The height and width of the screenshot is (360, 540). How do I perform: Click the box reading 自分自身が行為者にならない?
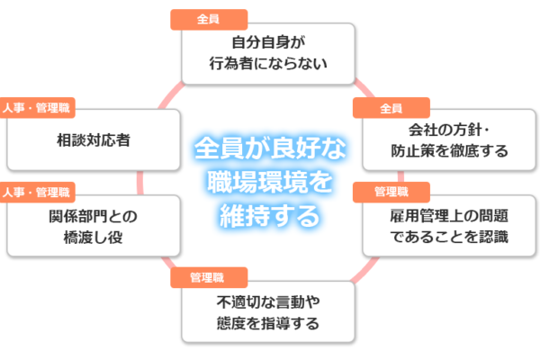pyautogui.click(x=268, y=53)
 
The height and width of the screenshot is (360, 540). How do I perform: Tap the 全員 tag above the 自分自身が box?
pyautogui.click(x=209, y=20)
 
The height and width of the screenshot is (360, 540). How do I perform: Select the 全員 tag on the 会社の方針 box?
pyautogui.click(x=391, y=108)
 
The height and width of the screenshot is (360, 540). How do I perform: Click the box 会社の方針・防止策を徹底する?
pyautogui.click(x=449, y=139)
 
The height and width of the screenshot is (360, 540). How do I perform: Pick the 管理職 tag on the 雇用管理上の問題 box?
pyautogui.click(x=391, y=193)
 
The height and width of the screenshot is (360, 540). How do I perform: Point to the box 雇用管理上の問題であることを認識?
pyautogui.click(x=449, y=226)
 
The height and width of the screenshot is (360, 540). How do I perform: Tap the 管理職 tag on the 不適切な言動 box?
pyautogui.click(x=209, y=277)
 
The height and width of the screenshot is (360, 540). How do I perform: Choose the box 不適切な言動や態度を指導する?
pyautogui.click(x=268, y=311)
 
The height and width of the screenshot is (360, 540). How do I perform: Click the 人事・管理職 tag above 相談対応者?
pyautogui.click(x=37, y=108)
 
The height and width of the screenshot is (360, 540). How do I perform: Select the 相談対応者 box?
pyautogui.click(x=94, y=139)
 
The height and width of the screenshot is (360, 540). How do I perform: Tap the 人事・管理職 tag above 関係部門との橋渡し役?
pyautogui.click(x=37, y=193)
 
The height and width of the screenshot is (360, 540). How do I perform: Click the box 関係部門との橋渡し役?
pyautogui.click(x=94, y=226)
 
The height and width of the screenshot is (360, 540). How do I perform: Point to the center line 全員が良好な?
pyautogui.click(x=270, y=148)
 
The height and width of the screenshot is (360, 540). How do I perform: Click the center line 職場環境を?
pyautogui.click(x=270, y=182)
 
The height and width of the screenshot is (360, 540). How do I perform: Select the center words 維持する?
pyautogui.click(x=270, y=216)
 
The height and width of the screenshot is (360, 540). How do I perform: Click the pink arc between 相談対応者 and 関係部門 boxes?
pyautogui.click(x=139, y=183)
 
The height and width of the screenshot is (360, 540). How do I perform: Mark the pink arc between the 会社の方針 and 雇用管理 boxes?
pyautogui.click(x=400, y=176)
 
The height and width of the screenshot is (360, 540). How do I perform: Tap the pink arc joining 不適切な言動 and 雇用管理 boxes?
pyautogui.click(x=365, y=269)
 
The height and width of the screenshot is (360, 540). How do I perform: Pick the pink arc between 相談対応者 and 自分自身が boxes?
pyautogui.click(x=171, y=95)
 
